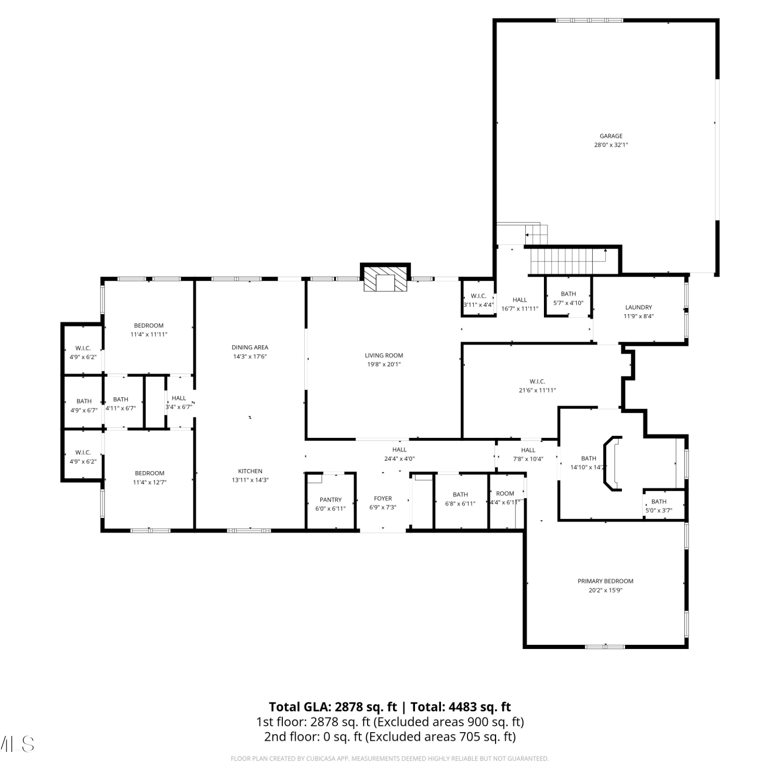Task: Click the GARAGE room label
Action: click(x=611, y=136)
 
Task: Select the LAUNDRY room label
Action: click(x=639, y=307)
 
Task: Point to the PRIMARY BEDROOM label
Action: click(x=605, y=581)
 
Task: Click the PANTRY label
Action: click(x=331, y=500)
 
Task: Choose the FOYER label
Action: click(x=383, y=499)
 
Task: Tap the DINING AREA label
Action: click(x=250, y=347)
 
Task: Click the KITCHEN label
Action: click(x=251, y=471)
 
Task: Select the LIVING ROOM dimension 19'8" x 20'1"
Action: click(x=384, y=365)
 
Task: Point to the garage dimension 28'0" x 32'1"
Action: click(x=611, y=145)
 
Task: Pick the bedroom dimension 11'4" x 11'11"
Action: click(x=149, y=334)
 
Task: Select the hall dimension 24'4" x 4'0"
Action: click(x=399, y=459)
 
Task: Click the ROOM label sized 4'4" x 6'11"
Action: click(x=505, y=493)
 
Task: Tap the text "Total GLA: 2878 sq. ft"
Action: click(x=333, y=707)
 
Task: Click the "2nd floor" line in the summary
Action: click(x=390, y=737)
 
